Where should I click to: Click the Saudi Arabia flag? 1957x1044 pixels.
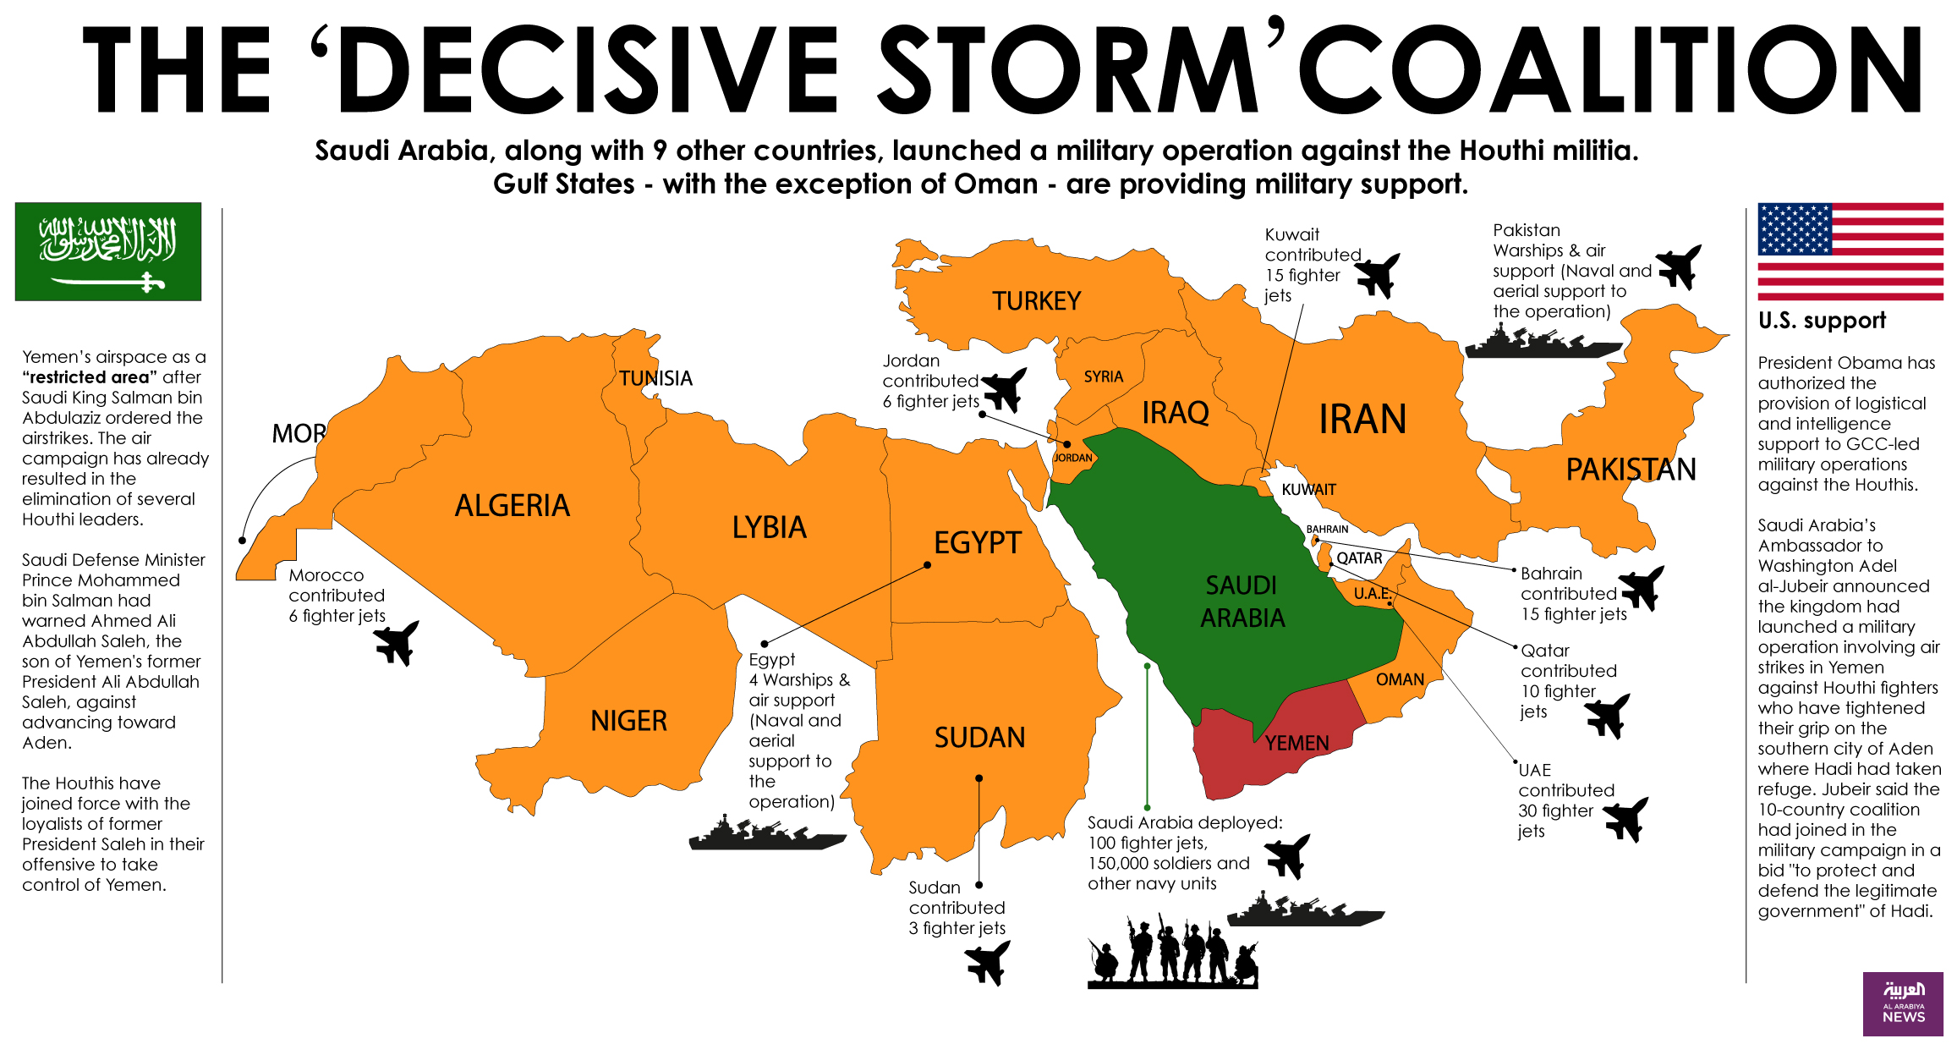coord(108,251)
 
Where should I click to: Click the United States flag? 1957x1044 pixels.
coord(1850,251)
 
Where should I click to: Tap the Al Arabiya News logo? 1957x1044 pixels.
coord(1902,1003)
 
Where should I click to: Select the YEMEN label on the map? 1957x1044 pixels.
coord(1296,743)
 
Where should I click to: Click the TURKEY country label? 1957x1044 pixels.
coord(1036,301)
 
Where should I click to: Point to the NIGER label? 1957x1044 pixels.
coord(628,721)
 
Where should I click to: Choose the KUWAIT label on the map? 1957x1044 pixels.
coord(1308,490)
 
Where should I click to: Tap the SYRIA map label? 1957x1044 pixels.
coord(1103,376)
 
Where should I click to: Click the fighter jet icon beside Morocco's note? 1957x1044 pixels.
coord(396,643)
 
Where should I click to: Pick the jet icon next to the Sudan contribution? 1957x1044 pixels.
coord(987,963)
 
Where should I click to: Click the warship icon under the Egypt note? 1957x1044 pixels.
coord(766,833)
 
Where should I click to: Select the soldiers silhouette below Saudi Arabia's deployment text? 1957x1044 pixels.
coord(1172,952)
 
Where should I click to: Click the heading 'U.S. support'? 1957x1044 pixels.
coord(1821,321)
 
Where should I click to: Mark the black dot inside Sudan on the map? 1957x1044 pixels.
coord(978,778)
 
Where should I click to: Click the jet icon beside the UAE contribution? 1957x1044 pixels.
coord(1625,818)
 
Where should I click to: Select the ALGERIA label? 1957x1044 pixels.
coord(512,506)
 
